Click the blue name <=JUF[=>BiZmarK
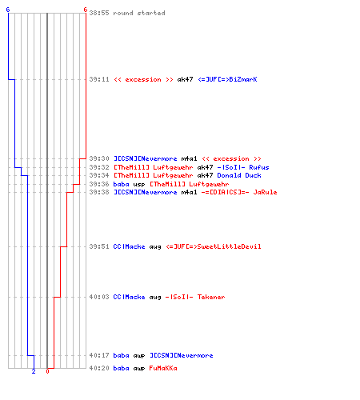point(227,79)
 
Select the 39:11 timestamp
point(99,79)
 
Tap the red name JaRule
point(265,192)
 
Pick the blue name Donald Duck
point(239,175)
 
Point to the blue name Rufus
point(259,167)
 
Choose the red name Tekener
point(211,297)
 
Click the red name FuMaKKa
point(163,368)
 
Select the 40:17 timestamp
point(99,355)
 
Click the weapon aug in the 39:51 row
point(155,247)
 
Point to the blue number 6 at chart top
point(8,10)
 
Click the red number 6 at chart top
point(86,10)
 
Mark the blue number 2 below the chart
point(34,371)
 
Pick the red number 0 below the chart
point(47,371)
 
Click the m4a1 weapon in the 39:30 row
point(189,158)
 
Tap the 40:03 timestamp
point(99,297)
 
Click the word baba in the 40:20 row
point(121,368)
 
